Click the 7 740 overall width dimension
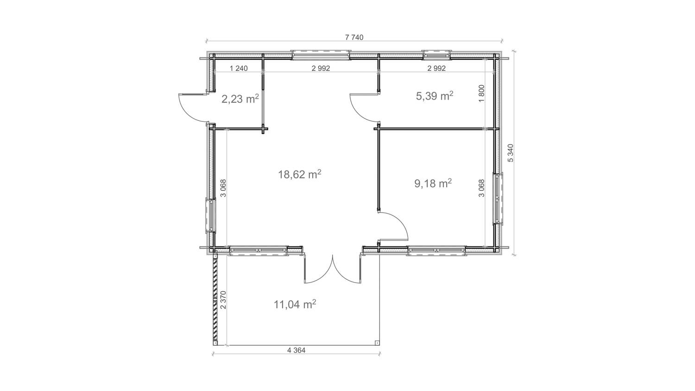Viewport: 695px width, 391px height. pos(354,38)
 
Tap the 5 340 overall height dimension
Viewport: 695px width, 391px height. pos(511,153)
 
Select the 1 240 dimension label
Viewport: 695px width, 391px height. pos(239,69)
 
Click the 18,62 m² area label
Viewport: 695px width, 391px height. pos(299,175)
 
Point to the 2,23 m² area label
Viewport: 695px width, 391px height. pos(240,99)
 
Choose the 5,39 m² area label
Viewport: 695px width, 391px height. pos(434,96)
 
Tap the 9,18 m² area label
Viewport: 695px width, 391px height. pos(433,183)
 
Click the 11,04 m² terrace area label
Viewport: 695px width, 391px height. pos(295,304)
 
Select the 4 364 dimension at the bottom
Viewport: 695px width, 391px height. pos(296,350)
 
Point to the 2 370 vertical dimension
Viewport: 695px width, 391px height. pos(223,300)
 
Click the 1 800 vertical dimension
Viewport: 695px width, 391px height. pos(481,94)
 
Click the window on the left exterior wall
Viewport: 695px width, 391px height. pos(210,215)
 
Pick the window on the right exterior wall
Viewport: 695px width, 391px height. pos(498,199)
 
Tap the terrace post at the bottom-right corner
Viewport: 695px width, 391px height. pos(377,343)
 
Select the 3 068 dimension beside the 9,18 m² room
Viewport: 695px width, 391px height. pos(481,188)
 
